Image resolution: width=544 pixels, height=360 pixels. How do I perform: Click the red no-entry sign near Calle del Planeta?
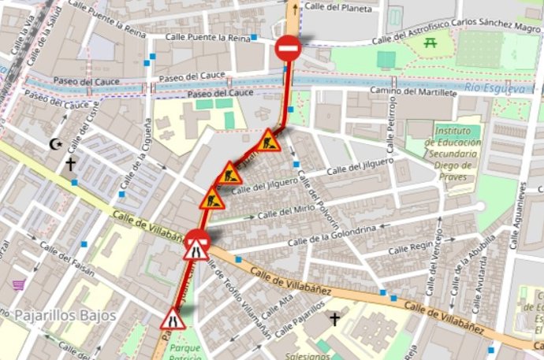pos(288,50)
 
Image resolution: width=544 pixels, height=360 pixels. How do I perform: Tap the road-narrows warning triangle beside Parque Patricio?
pos(173,319)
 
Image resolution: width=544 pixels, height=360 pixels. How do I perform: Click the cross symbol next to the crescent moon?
pos(71,164)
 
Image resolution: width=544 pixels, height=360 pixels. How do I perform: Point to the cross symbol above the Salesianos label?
pos(335,319)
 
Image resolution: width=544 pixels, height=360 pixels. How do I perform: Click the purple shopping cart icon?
pos(18,284)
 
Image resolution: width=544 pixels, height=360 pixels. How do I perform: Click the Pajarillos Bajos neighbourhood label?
pos(65,315)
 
